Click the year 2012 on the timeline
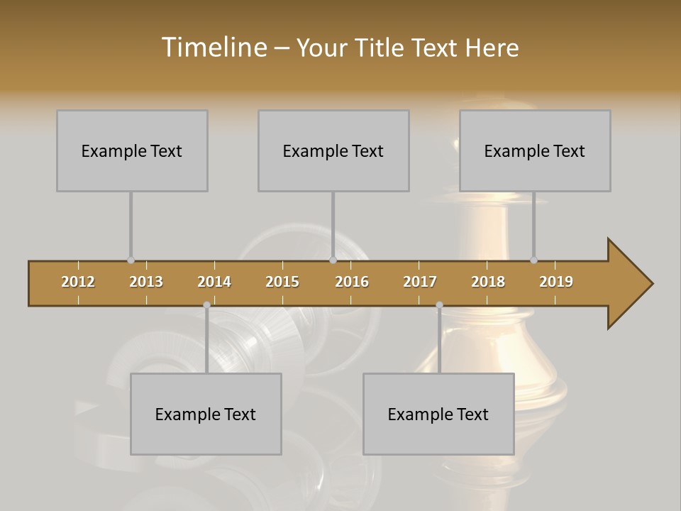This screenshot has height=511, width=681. [x=78, y=282]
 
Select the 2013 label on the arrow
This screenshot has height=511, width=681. [x=146, y=282]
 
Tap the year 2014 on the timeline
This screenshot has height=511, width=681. [x=214, y=282]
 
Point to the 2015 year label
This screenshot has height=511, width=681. [x=282, y=282]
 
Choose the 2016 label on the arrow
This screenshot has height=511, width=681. [x=352, y=282]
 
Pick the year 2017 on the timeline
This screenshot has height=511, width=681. [x=420, y=282]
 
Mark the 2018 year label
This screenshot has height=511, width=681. [x=488, y=282]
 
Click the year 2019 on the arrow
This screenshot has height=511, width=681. [x=556, y=282]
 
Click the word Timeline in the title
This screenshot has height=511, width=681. [x=213, y=48]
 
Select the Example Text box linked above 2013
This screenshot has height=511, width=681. [x=132, y=150]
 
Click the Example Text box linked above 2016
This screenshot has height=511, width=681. [x=333, y=150]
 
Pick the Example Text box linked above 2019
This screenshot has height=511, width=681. [x=535, y=150]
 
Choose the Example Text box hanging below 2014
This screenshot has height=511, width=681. [x=206, y=414]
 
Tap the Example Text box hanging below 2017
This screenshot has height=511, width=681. [x=438, y=414]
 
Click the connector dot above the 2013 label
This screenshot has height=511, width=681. [x=131, y=260]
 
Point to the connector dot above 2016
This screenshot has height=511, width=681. [x=333, y=260]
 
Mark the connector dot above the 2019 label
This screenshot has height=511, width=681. [x=533, y=260]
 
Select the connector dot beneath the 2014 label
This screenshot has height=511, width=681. [x=206, y=305]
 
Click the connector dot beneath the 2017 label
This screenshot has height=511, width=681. [x=439, y=305]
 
